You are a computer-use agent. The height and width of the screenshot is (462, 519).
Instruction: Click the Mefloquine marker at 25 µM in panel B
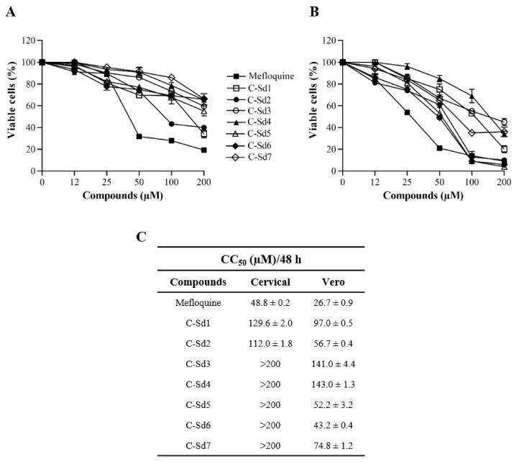tap(407, 112)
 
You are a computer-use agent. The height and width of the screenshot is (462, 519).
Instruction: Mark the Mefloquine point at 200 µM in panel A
tap(204, 150)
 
